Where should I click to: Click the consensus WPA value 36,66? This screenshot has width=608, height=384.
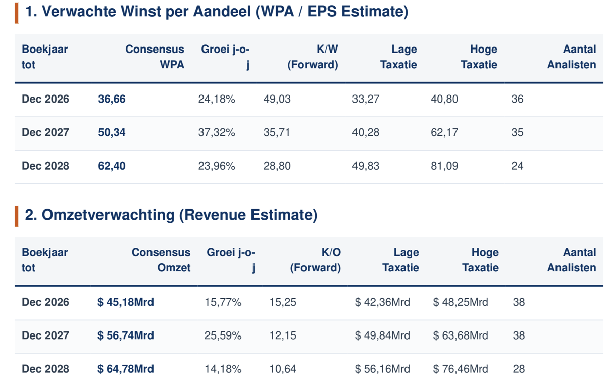(x=112, y=99)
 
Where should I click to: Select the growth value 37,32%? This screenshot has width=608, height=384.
(x=217, y=132)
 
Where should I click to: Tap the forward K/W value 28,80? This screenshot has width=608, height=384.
(x=277, y=166)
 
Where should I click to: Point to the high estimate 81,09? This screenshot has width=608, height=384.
(x=444, y=166)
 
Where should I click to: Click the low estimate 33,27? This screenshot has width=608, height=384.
(x=366, y=99)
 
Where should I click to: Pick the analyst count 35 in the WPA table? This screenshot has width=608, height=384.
(x=517, y=132)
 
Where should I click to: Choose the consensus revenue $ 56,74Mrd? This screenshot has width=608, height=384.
(x=126, y=335)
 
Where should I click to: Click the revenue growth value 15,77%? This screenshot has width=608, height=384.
(x=223, y=302)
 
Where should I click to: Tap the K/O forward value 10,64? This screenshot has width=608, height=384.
(x=283, y=369)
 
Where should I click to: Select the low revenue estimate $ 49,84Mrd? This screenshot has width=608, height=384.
(x=382, y=335)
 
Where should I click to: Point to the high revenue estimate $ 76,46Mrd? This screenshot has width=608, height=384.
(x=461, y=369)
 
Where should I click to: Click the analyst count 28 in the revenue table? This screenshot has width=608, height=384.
(x=519, y=369)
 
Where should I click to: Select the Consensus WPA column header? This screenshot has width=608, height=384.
(x=155, y=57)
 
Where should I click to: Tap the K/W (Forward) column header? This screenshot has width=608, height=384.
(x=313, y=57)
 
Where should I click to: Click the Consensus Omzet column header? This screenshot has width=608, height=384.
(x=161, y=260)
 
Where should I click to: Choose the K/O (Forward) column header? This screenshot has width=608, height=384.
(x=316, y=260)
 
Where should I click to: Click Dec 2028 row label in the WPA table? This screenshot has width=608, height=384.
(x=45, y=166)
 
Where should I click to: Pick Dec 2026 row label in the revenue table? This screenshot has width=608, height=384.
(x=45, y=302)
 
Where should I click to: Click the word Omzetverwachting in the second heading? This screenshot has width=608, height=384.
(x=108, y=215)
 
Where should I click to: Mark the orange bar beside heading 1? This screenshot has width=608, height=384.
(x=17, y=13)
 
